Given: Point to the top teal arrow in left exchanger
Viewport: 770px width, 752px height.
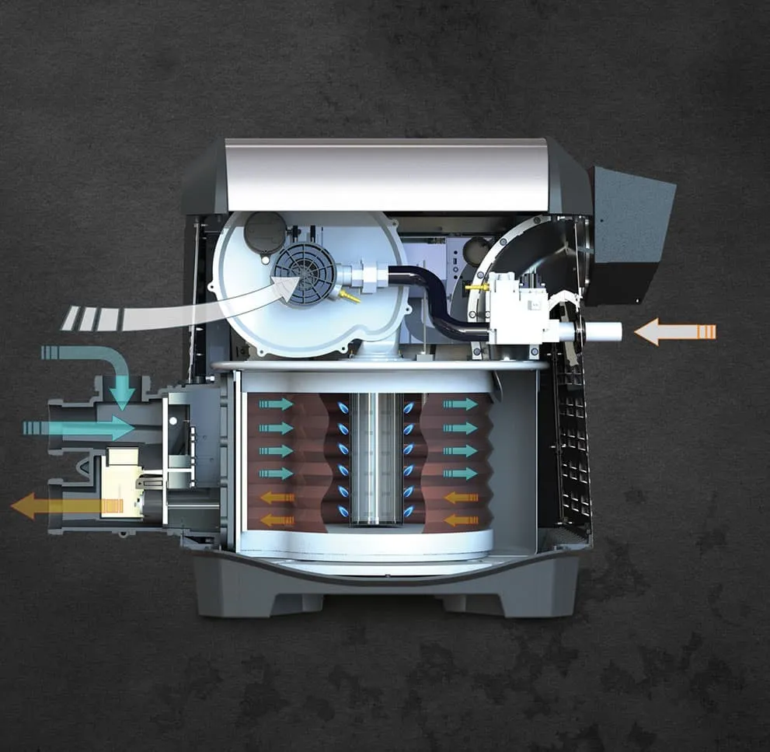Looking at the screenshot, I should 276,404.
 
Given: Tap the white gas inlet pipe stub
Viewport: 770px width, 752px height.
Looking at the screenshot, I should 602,332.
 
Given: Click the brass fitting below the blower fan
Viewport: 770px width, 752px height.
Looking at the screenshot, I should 348,296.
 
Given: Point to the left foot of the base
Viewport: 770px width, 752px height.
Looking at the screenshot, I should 256,603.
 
